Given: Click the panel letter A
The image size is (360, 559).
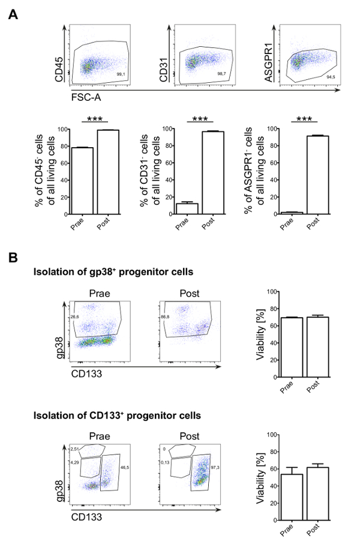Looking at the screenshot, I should tap(12, 13).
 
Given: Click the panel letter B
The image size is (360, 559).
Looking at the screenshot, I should tap(12, 256).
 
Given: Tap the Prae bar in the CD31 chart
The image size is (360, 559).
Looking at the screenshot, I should tap(187, 208).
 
